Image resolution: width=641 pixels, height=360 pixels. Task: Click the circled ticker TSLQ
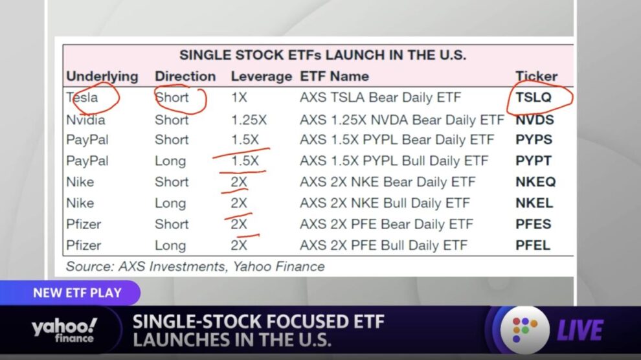[x=534, y=97]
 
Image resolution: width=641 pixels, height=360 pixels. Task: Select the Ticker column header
[x=536, y=76]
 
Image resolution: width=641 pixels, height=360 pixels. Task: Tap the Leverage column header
[x=261, y=76]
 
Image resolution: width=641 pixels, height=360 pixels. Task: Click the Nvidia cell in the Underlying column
[x=85, y=120]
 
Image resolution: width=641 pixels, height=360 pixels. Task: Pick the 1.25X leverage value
[x=249, y=120]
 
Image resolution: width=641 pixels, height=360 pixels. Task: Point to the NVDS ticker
[x=535, y=120]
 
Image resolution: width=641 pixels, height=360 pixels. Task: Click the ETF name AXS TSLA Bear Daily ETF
[x=380, y=98]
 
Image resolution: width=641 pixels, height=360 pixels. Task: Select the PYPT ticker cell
[x=534, y=161]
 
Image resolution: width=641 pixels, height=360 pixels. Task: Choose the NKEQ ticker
[x=535, y=182]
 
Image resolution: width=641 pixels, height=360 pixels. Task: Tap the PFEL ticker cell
[x=533, y=245]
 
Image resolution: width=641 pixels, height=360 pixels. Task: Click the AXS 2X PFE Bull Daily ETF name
[x=383, y=245]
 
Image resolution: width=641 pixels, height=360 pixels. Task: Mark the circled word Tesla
[x=82, y=98]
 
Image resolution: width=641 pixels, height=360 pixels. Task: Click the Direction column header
[x=185, y=76]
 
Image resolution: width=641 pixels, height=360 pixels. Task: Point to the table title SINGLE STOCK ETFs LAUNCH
[x=322, y=55]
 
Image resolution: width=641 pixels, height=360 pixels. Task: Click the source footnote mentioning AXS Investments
[x=196, y=266]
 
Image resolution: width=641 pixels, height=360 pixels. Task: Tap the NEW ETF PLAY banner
[x=77, y=293]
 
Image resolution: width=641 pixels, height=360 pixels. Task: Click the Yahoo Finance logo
[x=64, y=330]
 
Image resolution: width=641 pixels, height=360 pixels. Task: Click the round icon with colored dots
[x=525, y=330]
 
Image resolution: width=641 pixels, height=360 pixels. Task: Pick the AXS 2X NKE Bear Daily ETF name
[x=388, y=182]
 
